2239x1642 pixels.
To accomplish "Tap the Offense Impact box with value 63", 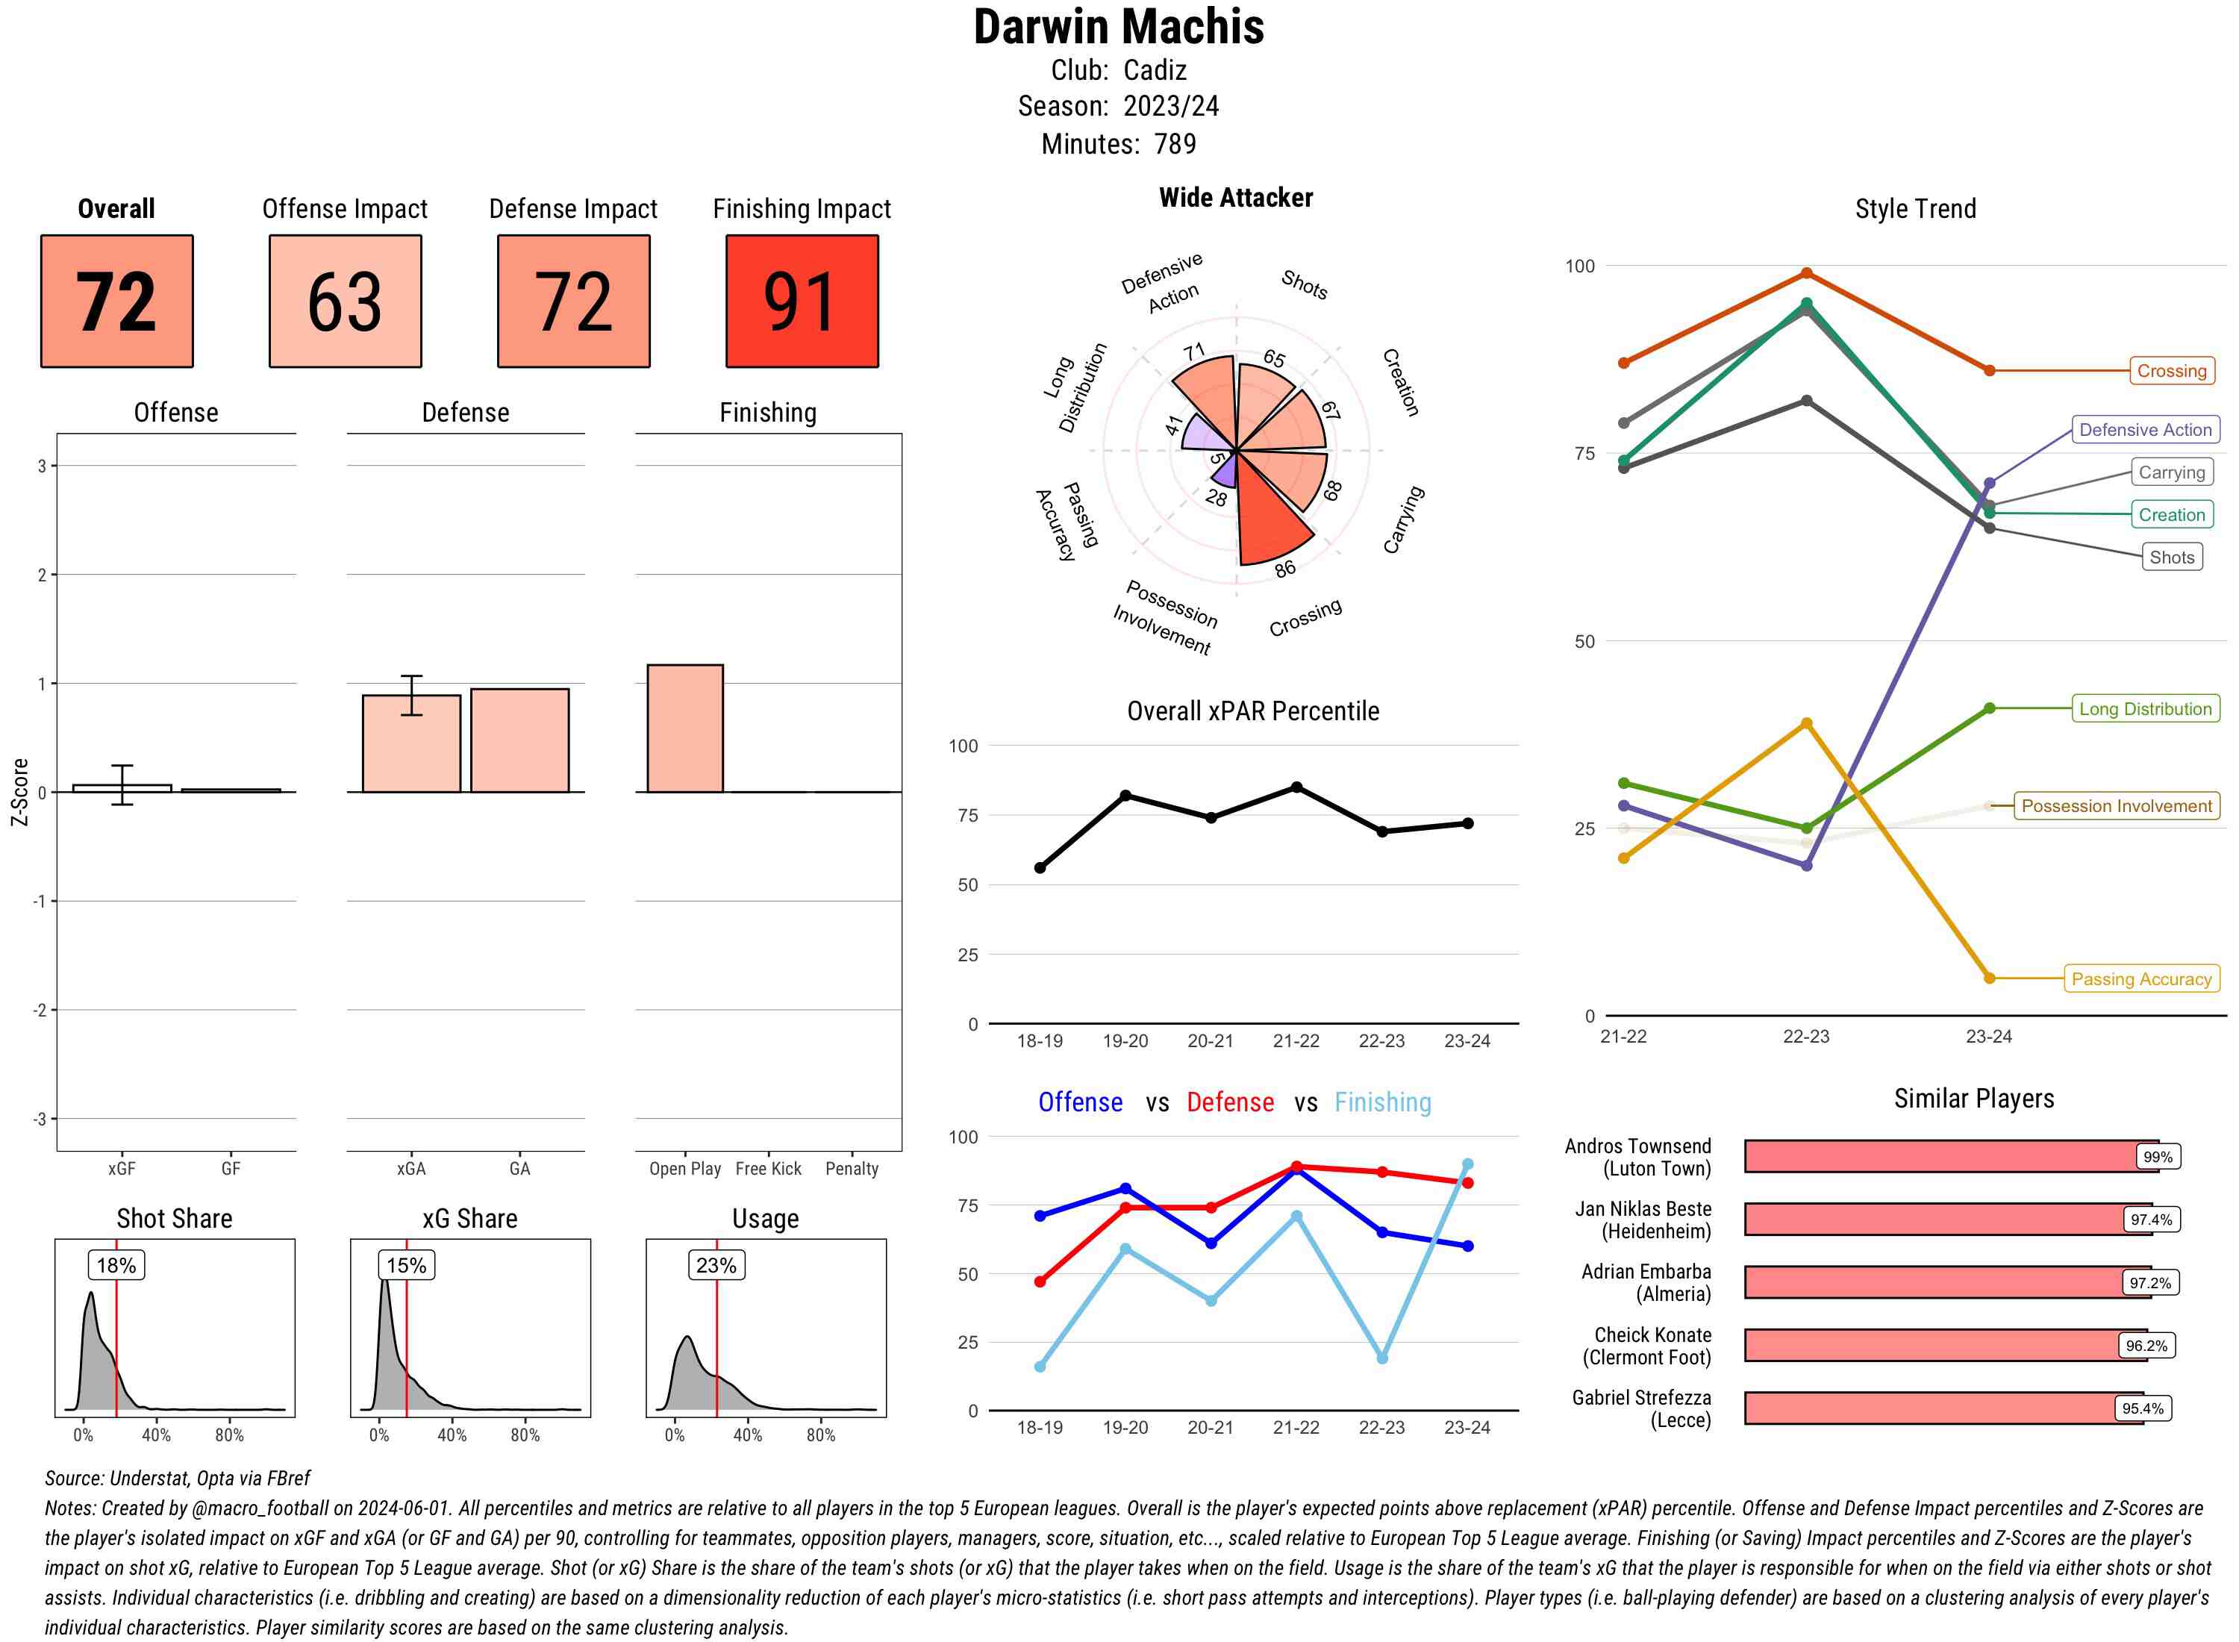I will point(345,302).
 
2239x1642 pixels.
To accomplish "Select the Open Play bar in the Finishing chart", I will point(684,728).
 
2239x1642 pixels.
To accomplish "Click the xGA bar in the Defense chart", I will point(410,743).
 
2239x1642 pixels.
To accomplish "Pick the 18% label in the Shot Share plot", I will point(116,1265).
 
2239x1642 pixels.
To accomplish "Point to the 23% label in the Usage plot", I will point(716,1265).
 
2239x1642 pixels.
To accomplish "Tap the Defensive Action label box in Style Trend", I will point(2145,429).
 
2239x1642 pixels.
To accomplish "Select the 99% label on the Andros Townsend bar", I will point(2158,1157).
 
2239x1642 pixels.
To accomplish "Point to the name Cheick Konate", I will point(1652,1334).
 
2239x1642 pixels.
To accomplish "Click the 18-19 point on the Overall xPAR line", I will point(1040,868).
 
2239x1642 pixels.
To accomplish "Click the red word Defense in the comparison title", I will point(1229,1102).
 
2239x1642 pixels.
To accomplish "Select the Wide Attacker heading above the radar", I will point(1235,198).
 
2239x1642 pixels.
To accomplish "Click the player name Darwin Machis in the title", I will point(1118,27).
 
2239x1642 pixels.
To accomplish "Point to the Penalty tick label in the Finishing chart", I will point(852,1169).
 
